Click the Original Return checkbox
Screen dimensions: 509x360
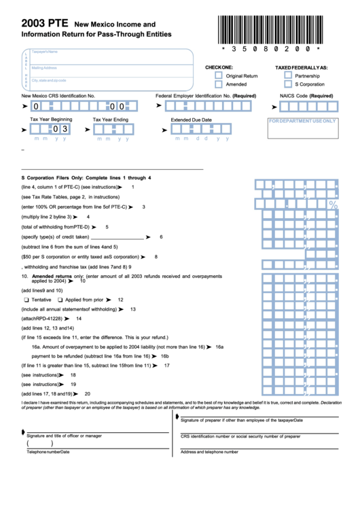coord(219,76)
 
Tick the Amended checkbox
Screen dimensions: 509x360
coord(219,85)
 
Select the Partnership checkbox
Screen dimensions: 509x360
coord(288,76)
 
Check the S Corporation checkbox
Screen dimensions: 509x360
coord(288,85)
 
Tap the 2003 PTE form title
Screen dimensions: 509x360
coord(43,22)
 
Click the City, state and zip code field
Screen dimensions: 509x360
coord(109,82)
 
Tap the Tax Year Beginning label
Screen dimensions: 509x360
coord(51,120)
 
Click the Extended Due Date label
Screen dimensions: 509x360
coord(191,120)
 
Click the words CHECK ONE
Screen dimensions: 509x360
coord(219,67)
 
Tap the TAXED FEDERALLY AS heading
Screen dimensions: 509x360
coord(301,67)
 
